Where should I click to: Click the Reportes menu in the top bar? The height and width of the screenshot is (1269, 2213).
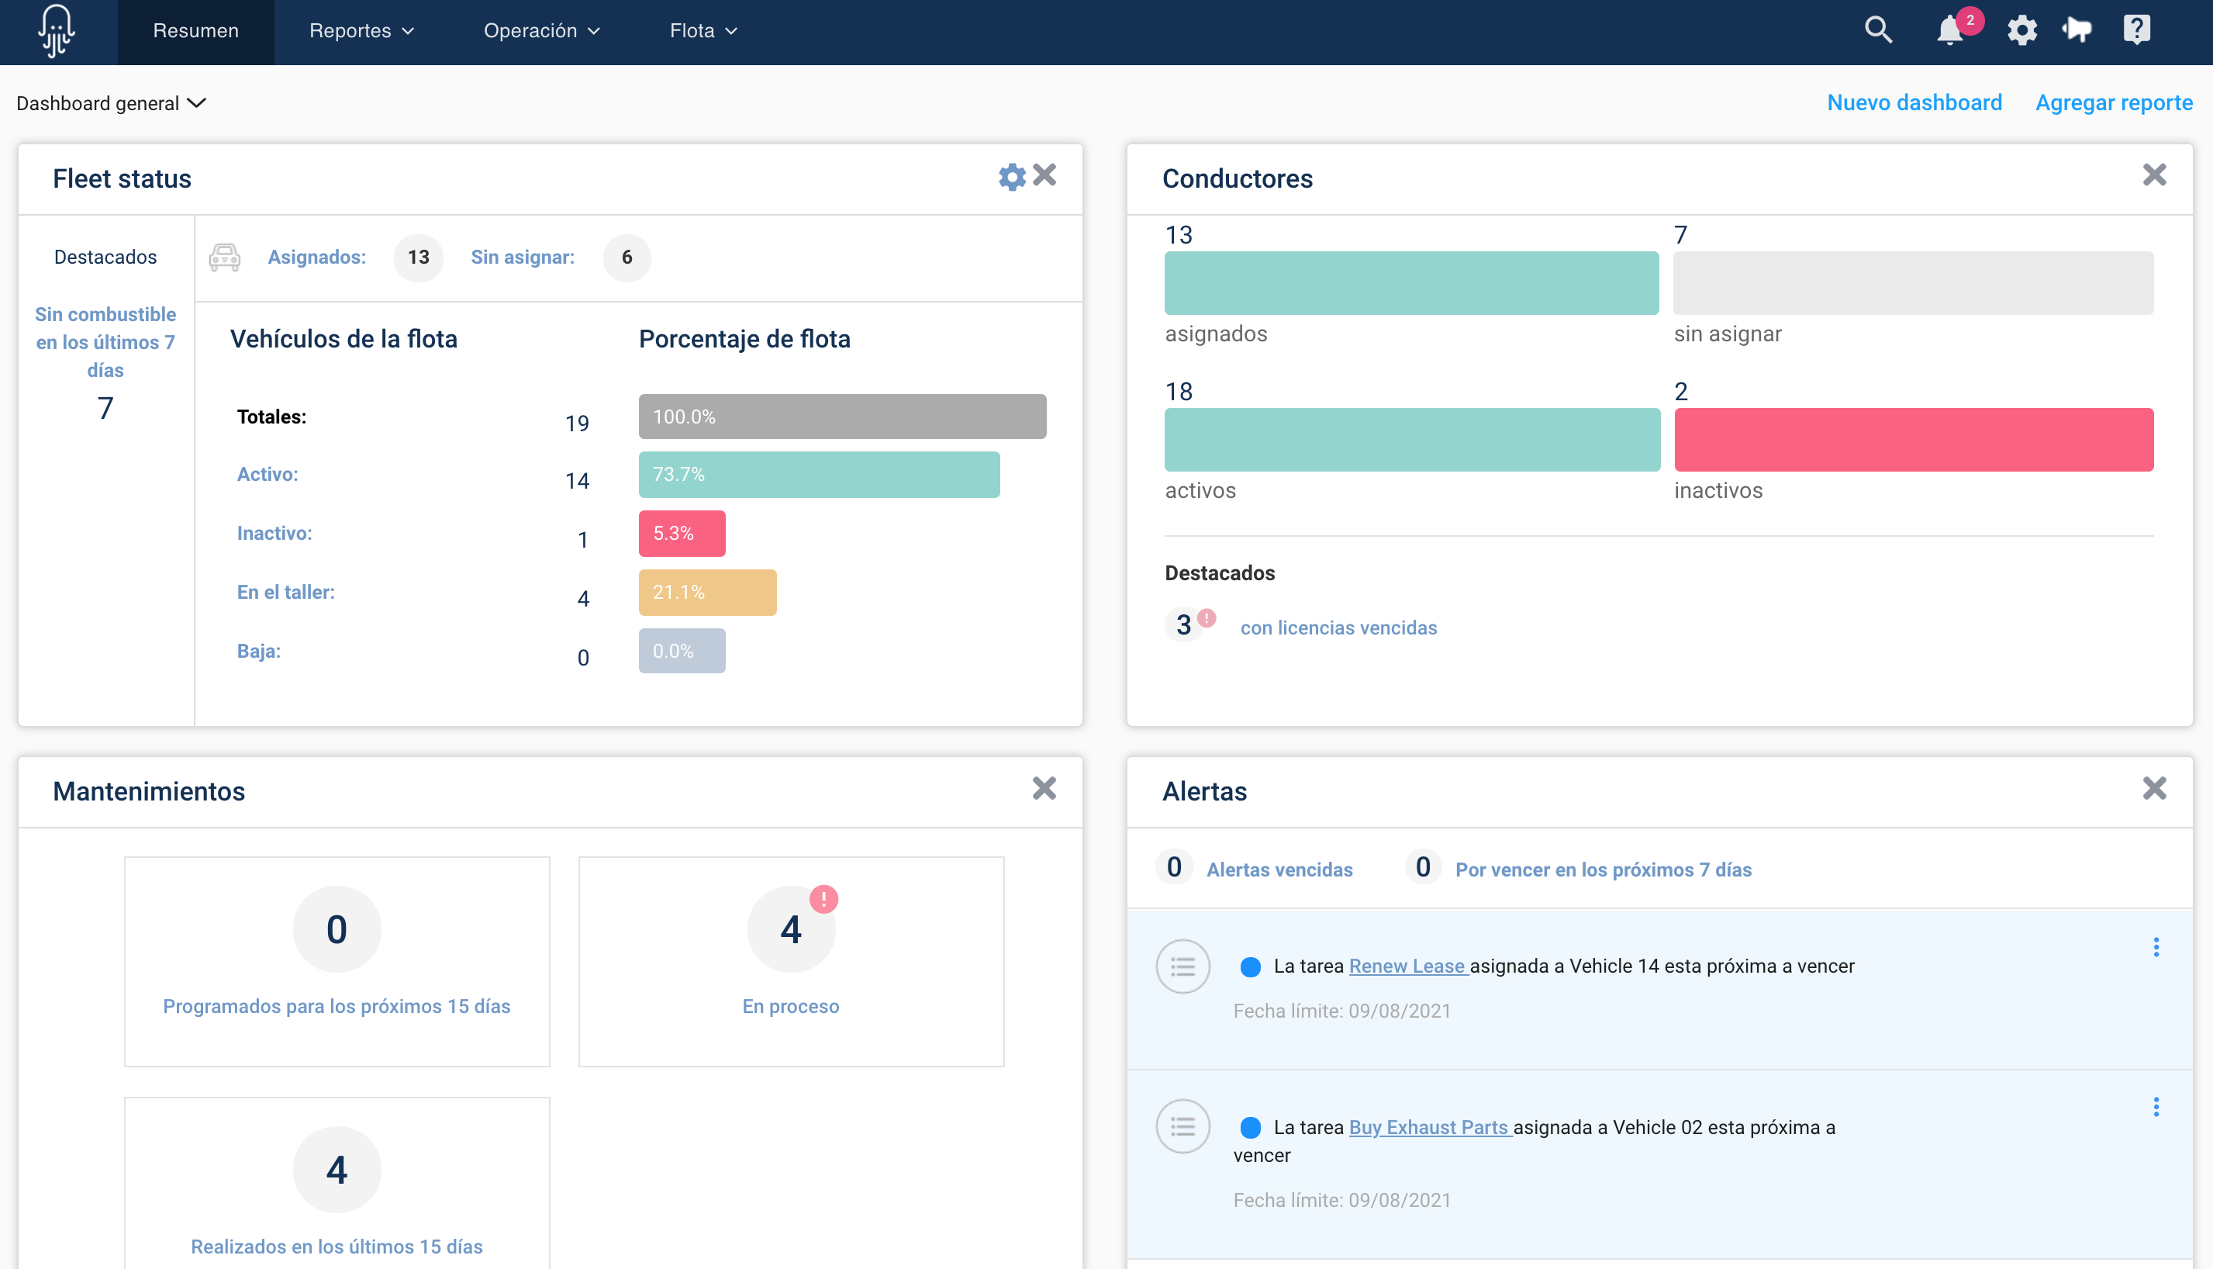pos(361,31)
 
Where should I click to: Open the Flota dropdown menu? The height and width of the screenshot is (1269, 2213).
pos(703,31)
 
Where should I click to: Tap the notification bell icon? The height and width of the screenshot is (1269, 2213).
pos(1949,31)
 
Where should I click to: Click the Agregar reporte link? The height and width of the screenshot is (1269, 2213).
pos(2113,103)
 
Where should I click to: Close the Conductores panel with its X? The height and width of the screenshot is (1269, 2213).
pos(2154,175)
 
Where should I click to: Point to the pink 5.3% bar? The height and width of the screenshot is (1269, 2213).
pos(682,534)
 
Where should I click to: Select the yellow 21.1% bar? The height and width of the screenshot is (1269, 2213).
pos(706,593)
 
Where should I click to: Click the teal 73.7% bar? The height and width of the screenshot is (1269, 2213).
pos(818,475)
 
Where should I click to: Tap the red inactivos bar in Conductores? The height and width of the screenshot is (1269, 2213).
pos(1913,440)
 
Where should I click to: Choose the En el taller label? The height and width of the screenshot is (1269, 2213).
pos(286,593)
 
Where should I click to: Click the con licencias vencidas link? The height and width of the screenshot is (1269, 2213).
pos(1338,628)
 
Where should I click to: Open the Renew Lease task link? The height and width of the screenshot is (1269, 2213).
pos(1407,966)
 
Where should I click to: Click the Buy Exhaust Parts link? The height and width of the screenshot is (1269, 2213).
pos(1429,1127)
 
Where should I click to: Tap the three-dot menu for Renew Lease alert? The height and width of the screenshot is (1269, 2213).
pos(2156,947)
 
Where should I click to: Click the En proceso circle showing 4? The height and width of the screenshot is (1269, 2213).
pos(790,930)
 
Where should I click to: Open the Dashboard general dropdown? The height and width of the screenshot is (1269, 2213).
pos(112,104)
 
